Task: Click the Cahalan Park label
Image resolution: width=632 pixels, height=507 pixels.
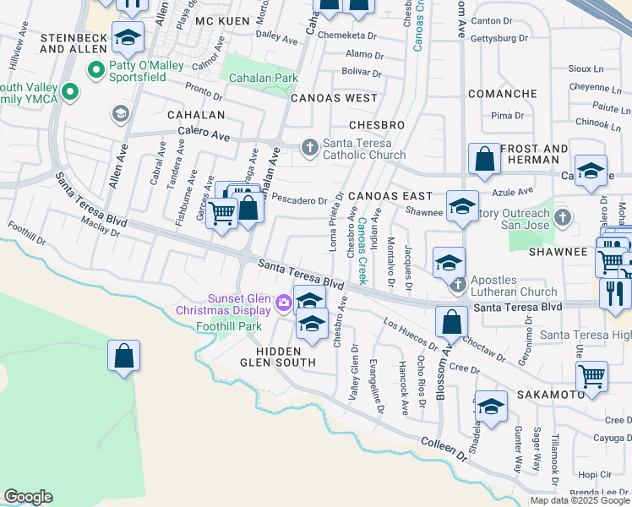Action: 263,78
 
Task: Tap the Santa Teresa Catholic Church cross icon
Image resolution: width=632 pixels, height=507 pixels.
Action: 310,148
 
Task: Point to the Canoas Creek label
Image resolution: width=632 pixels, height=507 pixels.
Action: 362,250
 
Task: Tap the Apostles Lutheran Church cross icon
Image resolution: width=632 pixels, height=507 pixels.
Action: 458,286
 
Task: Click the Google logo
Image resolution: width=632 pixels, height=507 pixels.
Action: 28,497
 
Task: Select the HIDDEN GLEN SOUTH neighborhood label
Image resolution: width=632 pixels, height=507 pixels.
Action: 290,356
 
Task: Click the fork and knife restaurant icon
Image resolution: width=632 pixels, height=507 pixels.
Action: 614,292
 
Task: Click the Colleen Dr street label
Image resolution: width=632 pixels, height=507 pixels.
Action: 443,447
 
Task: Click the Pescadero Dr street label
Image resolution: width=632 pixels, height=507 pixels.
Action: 300,199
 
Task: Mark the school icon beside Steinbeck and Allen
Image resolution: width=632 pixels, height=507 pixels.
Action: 128,37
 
